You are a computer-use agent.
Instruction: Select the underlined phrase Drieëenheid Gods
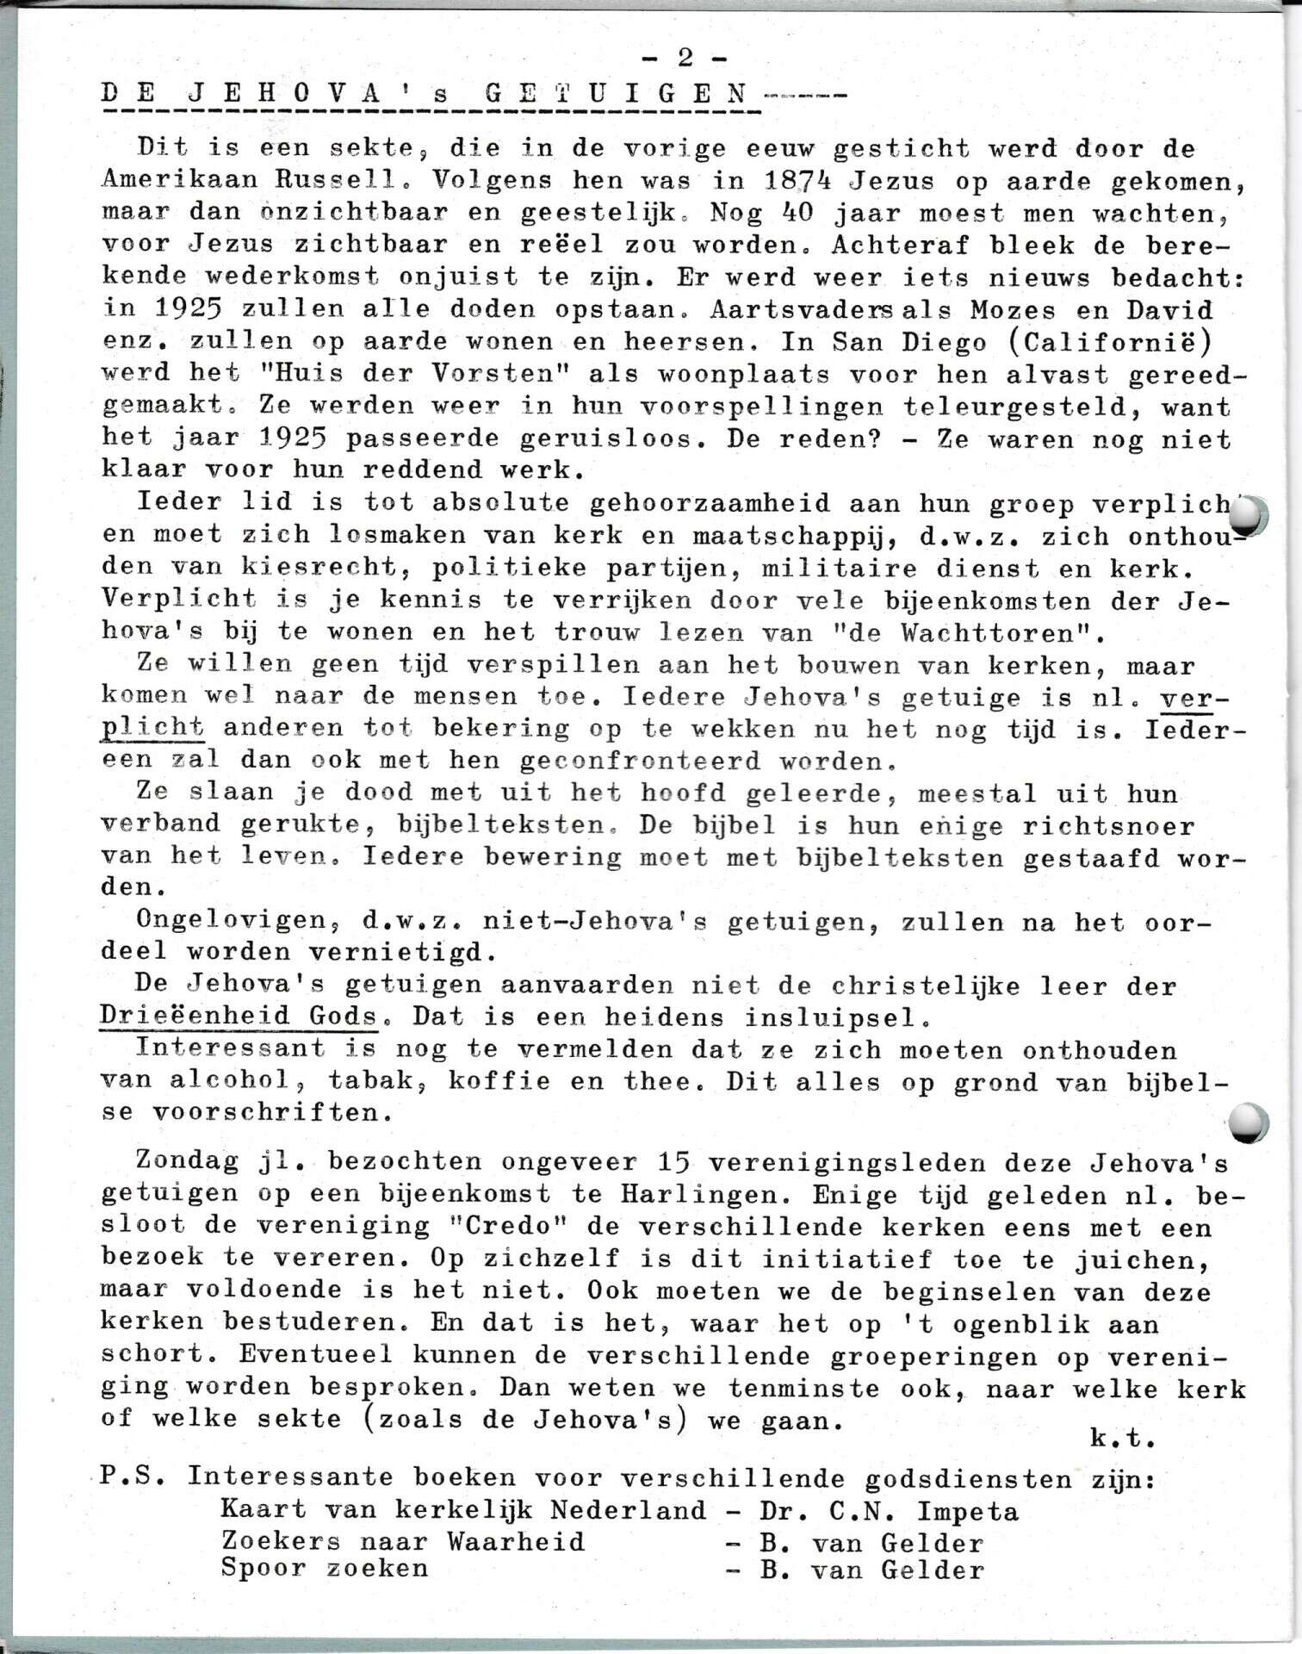tap(239, 1017)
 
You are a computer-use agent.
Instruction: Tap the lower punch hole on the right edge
tap(1249, 1123)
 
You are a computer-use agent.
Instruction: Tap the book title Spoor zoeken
tap(325, 1567)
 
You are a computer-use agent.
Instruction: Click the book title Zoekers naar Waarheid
tap(403, 1541)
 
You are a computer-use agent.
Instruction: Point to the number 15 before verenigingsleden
tap(673, 1162)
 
